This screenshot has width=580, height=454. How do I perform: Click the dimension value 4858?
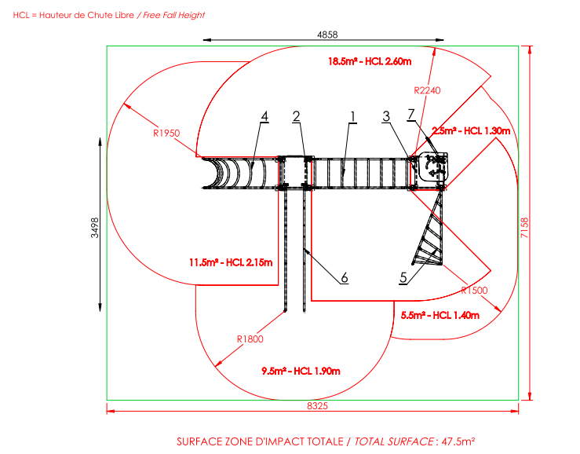point(327,35)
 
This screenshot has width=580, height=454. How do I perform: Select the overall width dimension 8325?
point(317,406)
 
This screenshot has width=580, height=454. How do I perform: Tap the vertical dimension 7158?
point(524,228)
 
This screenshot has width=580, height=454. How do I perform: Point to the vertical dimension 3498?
point(95,228)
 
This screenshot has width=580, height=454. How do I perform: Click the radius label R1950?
point(166,134)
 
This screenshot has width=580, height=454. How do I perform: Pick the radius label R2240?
point(427,90)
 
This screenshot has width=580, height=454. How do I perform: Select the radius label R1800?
point(250,339)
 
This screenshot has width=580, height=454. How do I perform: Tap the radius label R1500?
point(474,291)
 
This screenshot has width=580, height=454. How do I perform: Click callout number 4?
point(264,116)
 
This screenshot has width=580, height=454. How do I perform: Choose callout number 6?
point(345,278)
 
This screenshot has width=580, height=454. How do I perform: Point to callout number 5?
point(403,278)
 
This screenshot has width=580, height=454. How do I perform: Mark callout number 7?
point(411,115)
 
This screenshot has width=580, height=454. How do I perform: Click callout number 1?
point(353,117)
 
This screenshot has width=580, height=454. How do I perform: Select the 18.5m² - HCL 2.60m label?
point(370,61)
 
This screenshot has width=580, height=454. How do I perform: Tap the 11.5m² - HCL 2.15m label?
point(231,262)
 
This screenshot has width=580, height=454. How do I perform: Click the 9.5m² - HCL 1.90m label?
point(301,371)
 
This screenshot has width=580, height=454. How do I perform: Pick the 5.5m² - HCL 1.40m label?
point(440,316)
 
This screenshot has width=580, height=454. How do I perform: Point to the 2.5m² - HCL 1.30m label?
point(471,131)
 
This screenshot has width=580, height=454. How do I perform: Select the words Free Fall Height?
point(174,15)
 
